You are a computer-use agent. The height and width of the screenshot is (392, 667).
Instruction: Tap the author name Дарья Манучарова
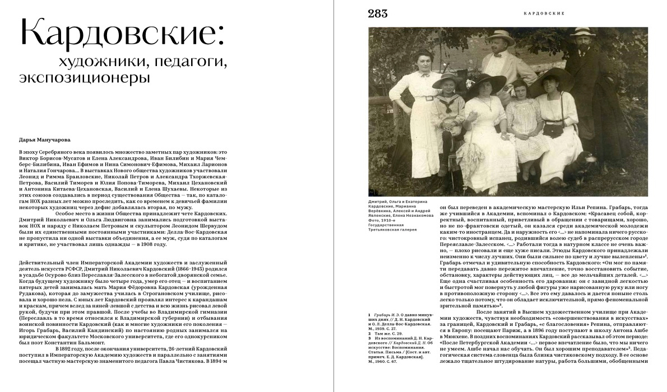coord(42,141)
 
